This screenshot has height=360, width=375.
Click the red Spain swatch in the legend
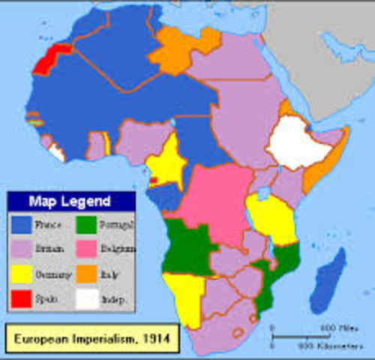22,299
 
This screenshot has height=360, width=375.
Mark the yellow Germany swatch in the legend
22,274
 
